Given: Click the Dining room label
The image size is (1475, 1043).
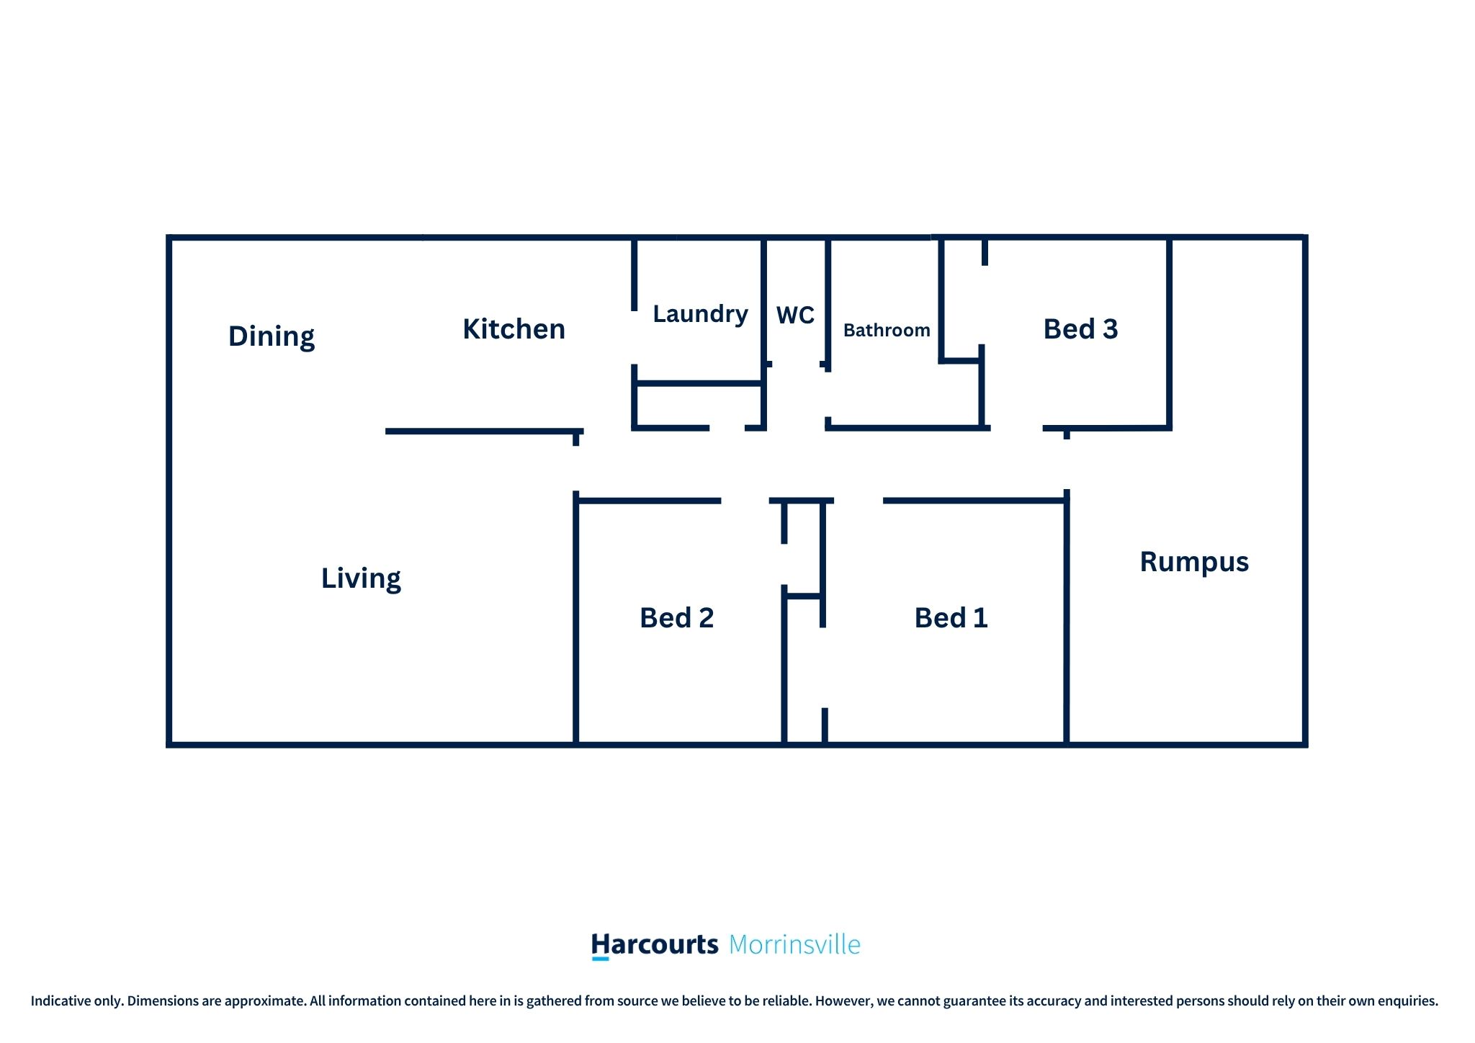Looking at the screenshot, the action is (272, 336).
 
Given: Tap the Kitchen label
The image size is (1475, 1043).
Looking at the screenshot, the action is (514, 329).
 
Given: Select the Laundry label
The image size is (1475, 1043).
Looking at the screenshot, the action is (700, 314).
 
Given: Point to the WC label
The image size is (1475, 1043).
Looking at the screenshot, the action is (795, 315).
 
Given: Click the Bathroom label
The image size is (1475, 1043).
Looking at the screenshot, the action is (887, 330).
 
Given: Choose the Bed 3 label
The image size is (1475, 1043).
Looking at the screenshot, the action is (1080, 329).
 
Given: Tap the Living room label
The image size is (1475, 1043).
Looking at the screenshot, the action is (361, 578).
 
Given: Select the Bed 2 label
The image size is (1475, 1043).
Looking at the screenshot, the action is (676, 618).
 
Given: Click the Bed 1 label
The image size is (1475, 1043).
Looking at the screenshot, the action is (951, 618).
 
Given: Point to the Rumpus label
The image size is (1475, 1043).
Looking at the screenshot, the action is (1194, 562).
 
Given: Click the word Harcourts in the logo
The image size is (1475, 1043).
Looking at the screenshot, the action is (655, 944).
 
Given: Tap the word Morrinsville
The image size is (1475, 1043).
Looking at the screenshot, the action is (794, 944).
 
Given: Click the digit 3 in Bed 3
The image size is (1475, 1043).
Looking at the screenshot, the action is (1110, 329).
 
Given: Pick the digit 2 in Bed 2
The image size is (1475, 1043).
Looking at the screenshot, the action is (706, 618).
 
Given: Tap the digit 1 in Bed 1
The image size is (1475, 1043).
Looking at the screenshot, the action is (980, 618).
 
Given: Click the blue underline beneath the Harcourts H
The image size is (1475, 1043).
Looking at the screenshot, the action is (600, 959).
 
